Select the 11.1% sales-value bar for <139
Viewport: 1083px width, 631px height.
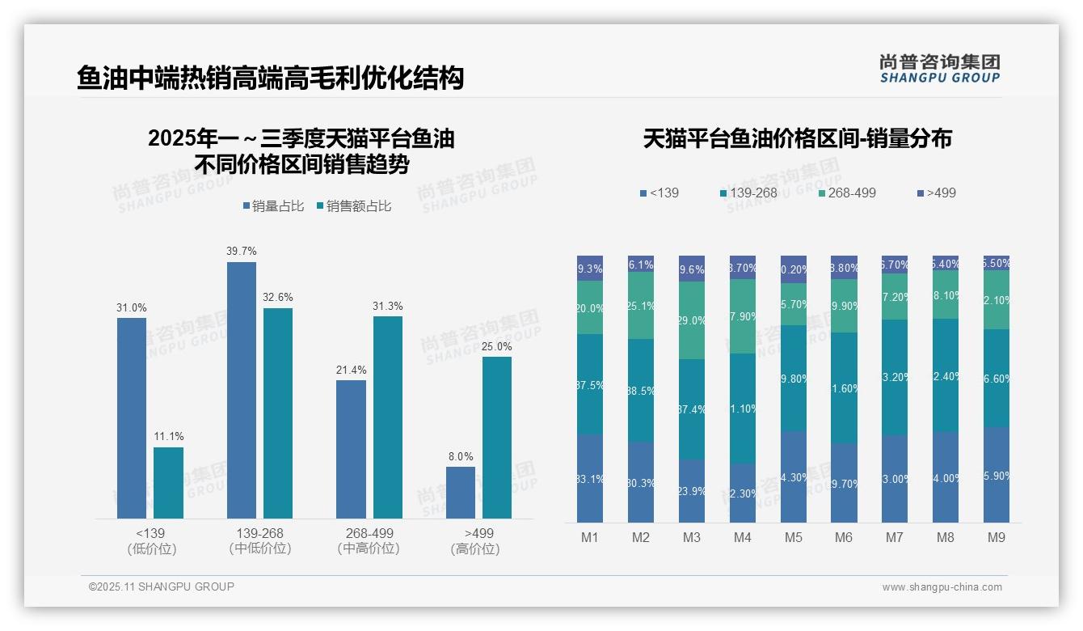[168, 483]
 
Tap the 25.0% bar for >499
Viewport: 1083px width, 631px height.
[497, 438]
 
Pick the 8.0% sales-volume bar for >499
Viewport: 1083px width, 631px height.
[461, 493]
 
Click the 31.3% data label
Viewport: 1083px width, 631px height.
[388, 307]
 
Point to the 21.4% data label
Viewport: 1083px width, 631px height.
[351, 371]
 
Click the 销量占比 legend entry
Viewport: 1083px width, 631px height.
[273, 206]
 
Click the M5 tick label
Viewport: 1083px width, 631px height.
[793, 538]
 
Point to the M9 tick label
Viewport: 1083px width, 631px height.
[997, 538]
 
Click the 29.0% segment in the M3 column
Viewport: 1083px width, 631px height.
[692, 320]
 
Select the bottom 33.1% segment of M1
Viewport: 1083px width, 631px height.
[590, 479]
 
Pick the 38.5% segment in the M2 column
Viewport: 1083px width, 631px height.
[641, 390]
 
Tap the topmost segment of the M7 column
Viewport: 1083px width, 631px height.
[895, 265]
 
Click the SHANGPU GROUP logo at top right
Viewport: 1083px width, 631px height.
[939, 69]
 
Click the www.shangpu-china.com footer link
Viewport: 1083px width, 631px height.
[942, 587]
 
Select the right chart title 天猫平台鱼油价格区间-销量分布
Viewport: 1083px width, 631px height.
[797, 139]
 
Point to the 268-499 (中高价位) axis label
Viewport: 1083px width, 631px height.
[369, 541]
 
